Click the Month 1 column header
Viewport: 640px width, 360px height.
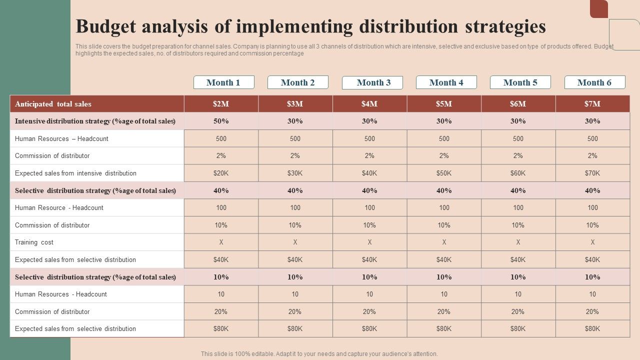click(x=223, y=82)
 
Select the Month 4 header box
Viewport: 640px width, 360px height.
click(x=446, y=82)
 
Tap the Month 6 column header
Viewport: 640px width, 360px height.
click(x=594, y=82)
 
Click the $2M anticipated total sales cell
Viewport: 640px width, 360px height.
click(x=221, y=104)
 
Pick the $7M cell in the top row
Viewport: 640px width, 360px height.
click(x=592, y=104)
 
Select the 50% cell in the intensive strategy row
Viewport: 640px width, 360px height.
click(x=221, y=121)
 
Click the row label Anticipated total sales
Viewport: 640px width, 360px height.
click(x=53, y=104)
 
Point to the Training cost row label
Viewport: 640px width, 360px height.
click(x=34, y=242)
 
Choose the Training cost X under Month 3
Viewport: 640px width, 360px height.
click(x=369, y=242)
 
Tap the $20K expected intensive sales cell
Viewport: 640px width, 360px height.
click(x=221, y=173)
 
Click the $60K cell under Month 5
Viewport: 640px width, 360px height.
click(x=518, y=173)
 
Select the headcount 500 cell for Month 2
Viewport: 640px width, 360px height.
click(x=295, y=139)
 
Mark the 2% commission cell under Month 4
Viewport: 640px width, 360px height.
click(x=444, y=156)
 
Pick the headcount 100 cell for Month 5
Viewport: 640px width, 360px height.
click(x=518, y=208)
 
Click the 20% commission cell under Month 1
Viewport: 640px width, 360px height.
click(x=221, y=312)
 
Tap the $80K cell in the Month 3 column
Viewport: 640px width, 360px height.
click(x=369, y=329)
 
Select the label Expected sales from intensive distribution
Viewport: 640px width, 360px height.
click(x=75, y=173)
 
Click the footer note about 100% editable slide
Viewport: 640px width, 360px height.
click(x=319, y=354)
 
